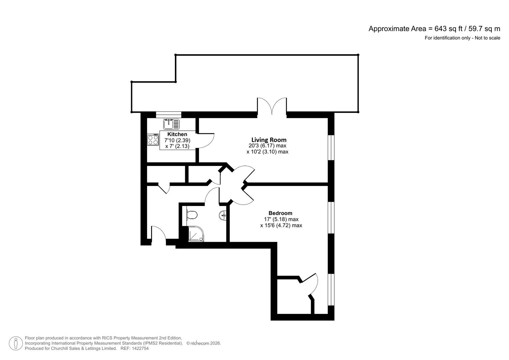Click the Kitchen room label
pos(177,134)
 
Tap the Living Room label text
pos(269,140)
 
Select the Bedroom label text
pos(280,213)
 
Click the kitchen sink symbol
pos(171,124)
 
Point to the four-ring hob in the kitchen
pos(153,140)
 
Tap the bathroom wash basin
pos(223,216)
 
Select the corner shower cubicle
pos(196,234)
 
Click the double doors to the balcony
pos(272,107)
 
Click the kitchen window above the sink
pos(169,114)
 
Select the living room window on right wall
pos(331,148)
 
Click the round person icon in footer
pos(16,343)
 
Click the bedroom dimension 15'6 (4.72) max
pos(281,225)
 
